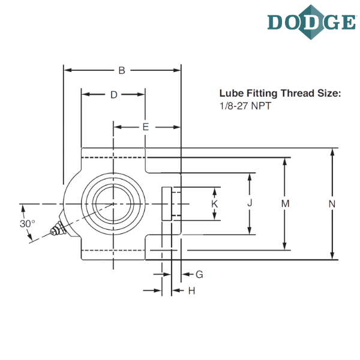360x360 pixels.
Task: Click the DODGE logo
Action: (311, 22)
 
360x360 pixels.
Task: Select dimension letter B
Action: (121, 71)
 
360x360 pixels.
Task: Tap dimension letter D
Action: (113, 95)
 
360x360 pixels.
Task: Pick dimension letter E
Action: (145, 127)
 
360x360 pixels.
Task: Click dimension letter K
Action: (215, 204)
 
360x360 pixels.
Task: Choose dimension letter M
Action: (286, 204)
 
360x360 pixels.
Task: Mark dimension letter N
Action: (331, 204)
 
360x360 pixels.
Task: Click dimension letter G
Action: (200, 274)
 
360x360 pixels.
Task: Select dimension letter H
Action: (191, 291)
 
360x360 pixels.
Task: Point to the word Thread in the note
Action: (290, 94)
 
